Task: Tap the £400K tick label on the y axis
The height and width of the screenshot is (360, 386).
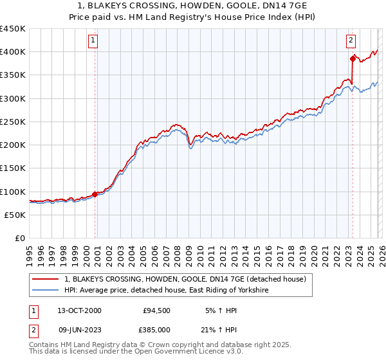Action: [x=12, y=52]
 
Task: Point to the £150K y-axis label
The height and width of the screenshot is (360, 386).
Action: [x=12, y=168]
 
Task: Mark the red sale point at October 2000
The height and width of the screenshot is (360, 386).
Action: [x=95, y=194]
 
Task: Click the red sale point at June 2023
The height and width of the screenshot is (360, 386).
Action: [x=353, y=59]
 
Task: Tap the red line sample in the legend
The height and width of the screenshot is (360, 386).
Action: [x=46, y=280]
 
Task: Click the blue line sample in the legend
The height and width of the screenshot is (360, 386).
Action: [x=46, y=291]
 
